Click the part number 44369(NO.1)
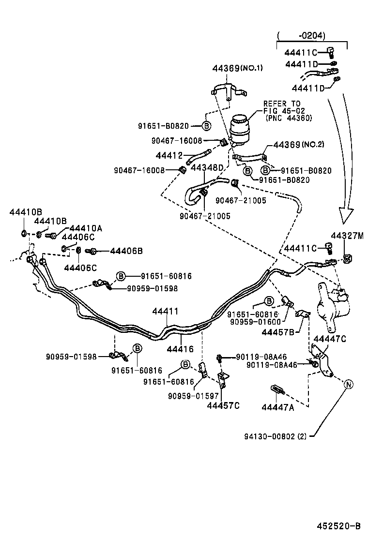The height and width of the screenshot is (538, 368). (237, 68)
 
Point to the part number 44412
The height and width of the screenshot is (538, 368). (169, 155)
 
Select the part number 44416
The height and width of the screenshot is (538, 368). (180, 348)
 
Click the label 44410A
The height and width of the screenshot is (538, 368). (85, 228)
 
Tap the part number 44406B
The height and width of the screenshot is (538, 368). (126, 251)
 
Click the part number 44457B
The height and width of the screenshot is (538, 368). (278, 332)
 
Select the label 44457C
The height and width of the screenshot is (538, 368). (223, 405)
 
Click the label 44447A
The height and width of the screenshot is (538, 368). (277, 407)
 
